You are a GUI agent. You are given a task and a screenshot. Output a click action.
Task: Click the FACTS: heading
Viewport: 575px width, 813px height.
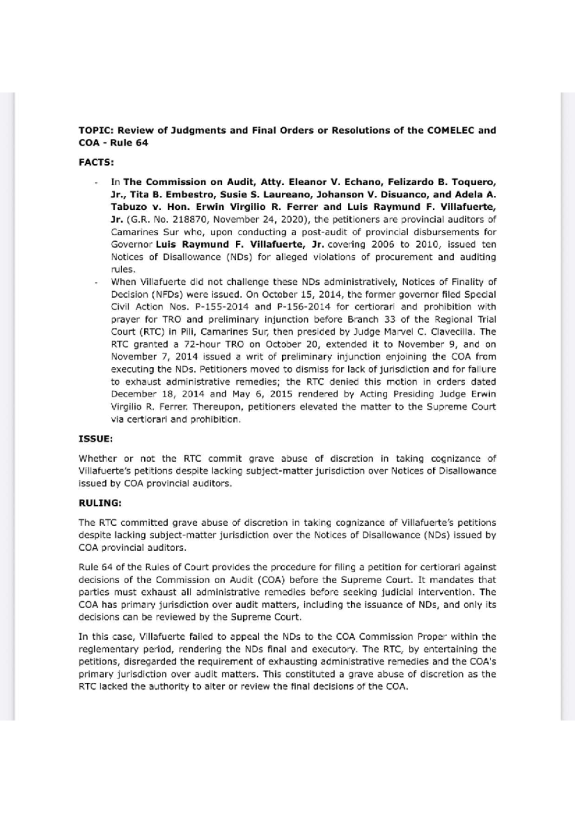click(x=96, y=162)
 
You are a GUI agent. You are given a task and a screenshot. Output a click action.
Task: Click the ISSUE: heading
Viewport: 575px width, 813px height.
click(x=95, y=439)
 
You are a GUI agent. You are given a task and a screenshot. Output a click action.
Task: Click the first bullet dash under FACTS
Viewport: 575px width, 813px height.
click(x=97, y=183)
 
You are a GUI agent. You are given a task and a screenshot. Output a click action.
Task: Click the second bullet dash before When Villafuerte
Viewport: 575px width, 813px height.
click(x=97, y=282)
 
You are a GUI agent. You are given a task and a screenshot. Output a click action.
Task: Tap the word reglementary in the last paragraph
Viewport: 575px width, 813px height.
click(x=108, y=649)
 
